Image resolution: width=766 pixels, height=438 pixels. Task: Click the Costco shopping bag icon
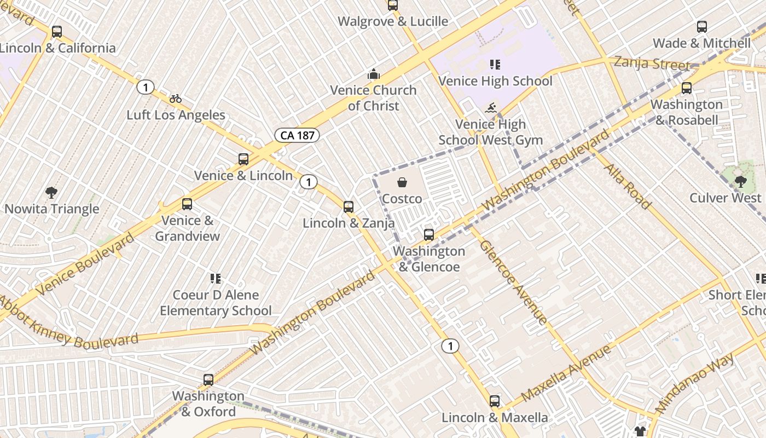402,182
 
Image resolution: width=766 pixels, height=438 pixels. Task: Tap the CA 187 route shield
297,135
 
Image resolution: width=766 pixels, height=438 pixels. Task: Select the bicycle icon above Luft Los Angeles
176,99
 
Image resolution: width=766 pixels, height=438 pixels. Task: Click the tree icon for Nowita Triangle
51,193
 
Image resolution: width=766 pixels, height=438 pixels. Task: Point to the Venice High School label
495,81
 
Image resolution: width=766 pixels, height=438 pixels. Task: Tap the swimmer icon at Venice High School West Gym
491,108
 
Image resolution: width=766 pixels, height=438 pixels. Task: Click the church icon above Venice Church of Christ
374,74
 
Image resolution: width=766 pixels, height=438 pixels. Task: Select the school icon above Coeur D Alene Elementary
216,279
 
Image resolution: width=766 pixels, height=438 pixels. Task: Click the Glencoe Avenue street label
513,281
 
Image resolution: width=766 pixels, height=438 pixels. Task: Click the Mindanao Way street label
694,383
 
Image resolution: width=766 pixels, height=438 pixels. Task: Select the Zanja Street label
651,63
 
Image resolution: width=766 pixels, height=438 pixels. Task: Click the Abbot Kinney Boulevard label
68,324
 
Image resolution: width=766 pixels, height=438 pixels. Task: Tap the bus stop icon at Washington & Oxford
208,380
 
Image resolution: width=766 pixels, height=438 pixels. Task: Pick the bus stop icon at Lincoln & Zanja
349,207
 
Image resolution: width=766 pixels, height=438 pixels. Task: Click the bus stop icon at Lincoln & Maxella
495,401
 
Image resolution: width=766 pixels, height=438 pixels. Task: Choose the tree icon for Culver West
740,181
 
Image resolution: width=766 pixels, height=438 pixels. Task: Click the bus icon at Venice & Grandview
187,204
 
